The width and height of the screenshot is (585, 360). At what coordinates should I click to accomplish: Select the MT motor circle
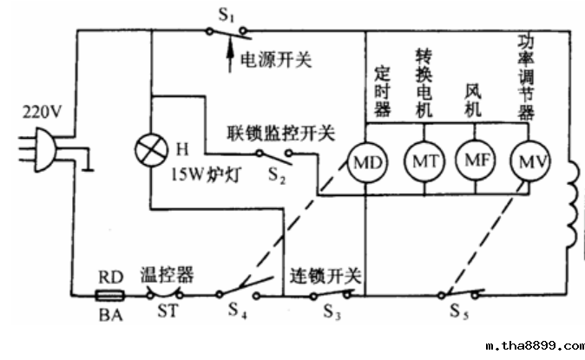click(423, 161)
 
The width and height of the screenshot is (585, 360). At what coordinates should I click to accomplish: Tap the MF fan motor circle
click(474, 161)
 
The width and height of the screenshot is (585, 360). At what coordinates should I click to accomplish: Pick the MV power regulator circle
click(526, 160)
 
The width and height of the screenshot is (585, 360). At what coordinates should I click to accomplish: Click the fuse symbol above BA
click(110, 294)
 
